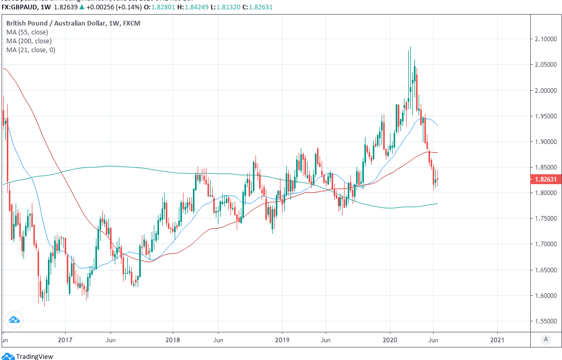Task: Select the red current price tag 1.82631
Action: click(x=545, y=180)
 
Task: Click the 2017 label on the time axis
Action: click(x=65, y=339)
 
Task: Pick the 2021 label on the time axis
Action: click(x=497, y=339)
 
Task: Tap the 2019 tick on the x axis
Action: click(x=282, y=339)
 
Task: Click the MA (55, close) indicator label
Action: click(x=27, y=32)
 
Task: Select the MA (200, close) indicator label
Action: click(x=29, y=41)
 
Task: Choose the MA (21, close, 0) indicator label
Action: click(x=31, y=50)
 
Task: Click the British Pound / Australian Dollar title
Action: click(x=73, y=23)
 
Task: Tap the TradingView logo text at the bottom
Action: click(x=34, y=356)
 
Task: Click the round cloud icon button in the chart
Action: click(x=14, y=320)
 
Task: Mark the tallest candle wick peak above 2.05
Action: click(x=410, y=47)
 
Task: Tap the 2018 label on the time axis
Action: click(x=173, y=339)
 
